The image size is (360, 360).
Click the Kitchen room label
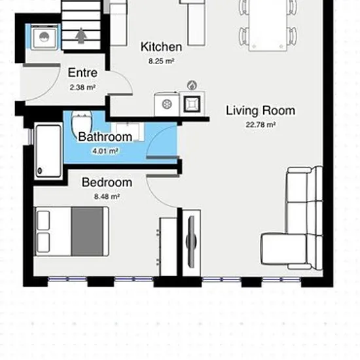point(162,47)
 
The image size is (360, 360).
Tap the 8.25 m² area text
point(161,62)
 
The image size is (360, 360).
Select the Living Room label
point(261,111)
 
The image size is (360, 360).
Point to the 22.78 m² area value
point(261,125)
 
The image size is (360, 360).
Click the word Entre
point(82,73)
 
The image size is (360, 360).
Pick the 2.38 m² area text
point(82,88)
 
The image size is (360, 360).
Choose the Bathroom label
point(105,137)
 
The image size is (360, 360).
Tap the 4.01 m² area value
point(105,151)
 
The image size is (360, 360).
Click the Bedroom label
point(107,183)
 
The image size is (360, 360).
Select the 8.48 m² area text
point(107,197)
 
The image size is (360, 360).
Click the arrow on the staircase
point(81,35)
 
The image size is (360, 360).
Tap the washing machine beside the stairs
point(44,37)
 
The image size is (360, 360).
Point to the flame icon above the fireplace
point(192,85)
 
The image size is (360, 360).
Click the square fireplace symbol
point(192,104)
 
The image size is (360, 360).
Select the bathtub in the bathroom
point(48,151)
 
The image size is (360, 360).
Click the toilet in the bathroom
point(81,124)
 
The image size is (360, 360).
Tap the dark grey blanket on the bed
point(88,231)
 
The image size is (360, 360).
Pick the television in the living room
point(191,242)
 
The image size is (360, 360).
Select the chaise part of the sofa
point(285,249)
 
